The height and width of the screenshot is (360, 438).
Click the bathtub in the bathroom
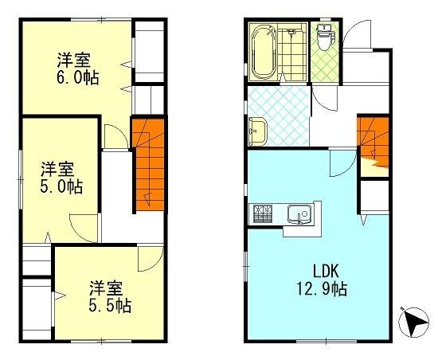[264, 53]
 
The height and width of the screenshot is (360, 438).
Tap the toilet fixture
[324, 37]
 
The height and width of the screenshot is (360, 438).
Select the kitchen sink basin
[299, 214]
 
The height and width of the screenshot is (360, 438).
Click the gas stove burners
[262, 214]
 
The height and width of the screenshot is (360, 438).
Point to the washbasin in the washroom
[257, 131]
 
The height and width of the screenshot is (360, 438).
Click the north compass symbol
[413, 322]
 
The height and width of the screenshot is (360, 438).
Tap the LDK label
[326, 271]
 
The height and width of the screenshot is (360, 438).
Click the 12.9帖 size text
[322, 289]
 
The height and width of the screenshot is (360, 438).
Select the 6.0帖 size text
[78, 77]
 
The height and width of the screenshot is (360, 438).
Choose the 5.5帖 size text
[110, 305]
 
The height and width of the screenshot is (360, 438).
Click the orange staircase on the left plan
[148, 165]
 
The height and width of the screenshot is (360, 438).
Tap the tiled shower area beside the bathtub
[292, 53]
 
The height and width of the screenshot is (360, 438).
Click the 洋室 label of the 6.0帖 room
[73, 60]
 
